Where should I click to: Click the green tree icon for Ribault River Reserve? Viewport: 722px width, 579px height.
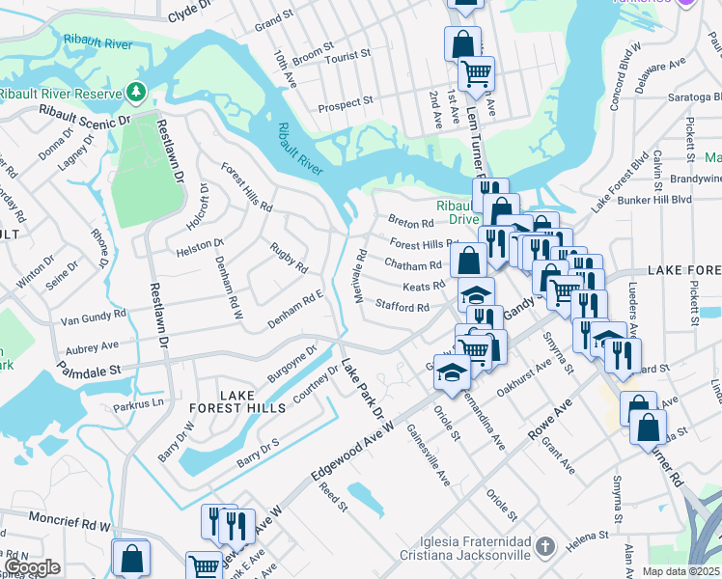[137, 93]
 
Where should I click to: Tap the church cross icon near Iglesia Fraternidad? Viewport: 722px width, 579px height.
[543, 547]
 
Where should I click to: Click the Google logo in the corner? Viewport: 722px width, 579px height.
[31, 567]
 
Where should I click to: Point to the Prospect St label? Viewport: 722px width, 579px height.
[346, 102]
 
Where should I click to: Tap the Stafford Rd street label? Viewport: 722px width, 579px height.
[402, 308]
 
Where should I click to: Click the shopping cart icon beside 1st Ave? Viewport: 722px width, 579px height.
[477, 72]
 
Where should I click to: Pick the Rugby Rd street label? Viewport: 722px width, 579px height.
[289, 258]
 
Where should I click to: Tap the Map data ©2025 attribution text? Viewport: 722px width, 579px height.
[680, 571]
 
